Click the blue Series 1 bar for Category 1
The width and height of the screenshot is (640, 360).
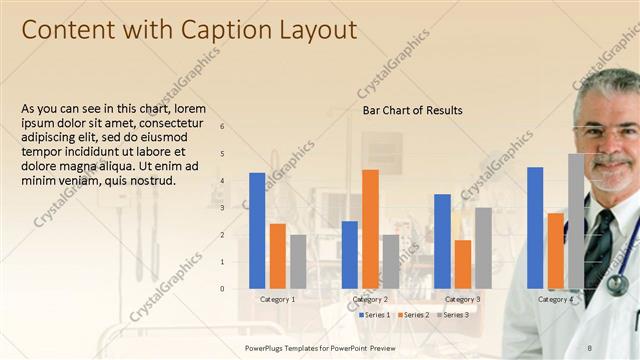(257, 231)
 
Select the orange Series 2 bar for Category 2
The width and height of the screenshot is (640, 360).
(370, 229)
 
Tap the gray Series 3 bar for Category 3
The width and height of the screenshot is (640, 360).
(483, 248)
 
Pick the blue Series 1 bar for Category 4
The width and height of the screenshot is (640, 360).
(535, 228)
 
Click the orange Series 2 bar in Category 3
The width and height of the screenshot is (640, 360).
(463, 264)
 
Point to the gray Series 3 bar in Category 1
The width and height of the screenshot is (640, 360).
(298, 262)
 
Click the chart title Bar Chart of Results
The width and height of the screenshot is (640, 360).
(412, 110)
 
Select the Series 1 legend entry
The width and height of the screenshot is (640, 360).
(376, 315)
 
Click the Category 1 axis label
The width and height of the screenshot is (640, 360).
(277, 299)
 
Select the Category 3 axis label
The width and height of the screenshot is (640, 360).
(462, 299)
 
